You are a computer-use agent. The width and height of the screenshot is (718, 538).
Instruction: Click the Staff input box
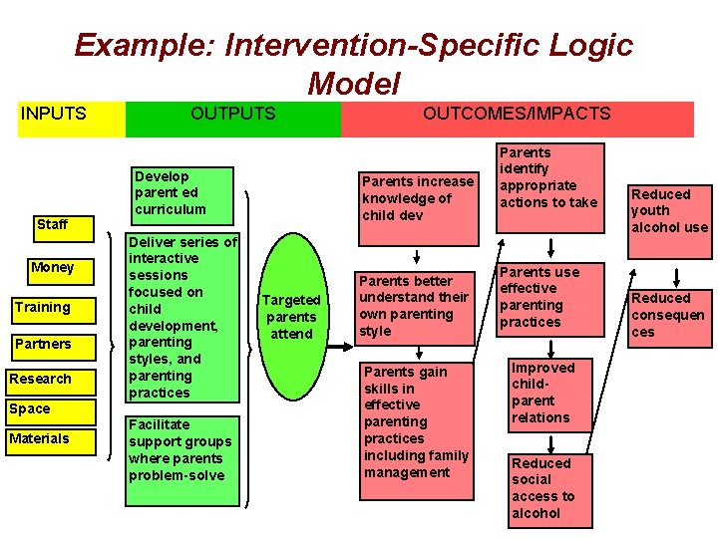(52, 224)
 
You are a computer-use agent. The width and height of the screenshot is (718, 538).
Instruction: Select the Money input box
(52, 267)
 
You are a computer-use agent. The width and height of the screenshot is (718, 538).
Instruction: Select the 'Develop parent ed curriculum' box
(170, 192)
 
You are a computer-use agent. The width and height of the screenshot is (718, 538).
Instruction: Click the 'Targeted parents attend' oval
(291, 317)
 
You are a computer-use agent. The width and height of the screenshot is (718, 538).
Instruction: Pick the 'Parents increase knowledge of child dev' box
(417, 198)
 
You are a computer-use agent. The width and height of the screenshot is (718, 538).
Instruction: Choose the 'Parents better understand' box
(413, 306)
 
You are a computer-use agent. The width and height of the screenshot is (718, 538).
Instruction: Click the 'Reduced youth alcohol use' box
(668, 210)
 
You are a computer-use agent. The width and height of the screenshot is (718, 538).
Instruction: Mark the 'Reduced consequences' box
(667, 315)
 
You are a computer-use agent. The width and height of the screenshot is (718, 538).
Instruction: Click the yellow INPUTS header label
(54, 114)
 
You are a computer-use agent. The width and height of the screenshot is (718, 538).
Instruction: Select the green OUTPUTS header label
(233, 114)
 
